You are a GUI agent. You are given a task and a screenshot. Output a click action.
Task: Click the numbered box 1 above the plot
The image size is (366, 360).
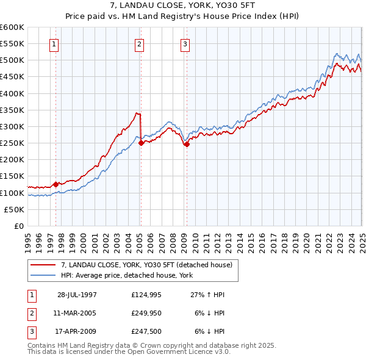(54, 43)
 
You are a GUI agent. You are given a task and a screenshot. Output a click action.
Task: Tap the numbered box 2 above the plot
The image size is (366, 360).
(139, 43)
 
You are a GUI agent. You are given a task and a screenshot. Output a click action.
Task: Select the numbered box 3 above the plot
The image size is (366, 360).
(185, 43)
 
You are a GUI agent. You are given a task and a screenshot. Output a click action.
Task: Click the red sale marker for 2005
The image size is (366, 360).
(141, 143)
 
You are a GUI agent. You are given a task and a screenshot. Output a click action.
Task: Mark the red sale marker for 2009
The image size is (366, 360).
(187, 144)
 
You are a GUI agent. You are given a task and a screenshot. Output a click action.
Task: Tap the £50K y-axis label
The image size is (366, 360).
(15, 209)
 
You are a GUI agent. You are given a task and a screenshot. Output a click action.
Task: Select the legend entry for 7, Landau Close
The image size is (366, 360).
(146, 265)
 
